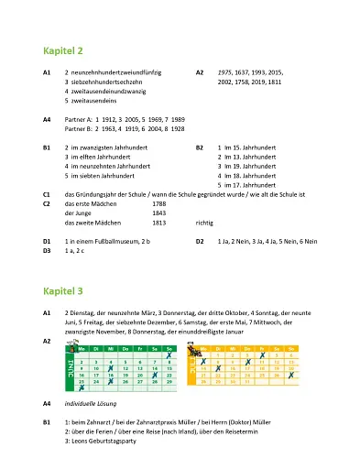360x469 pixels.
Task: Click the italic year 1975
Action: [x=225, y=71]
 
